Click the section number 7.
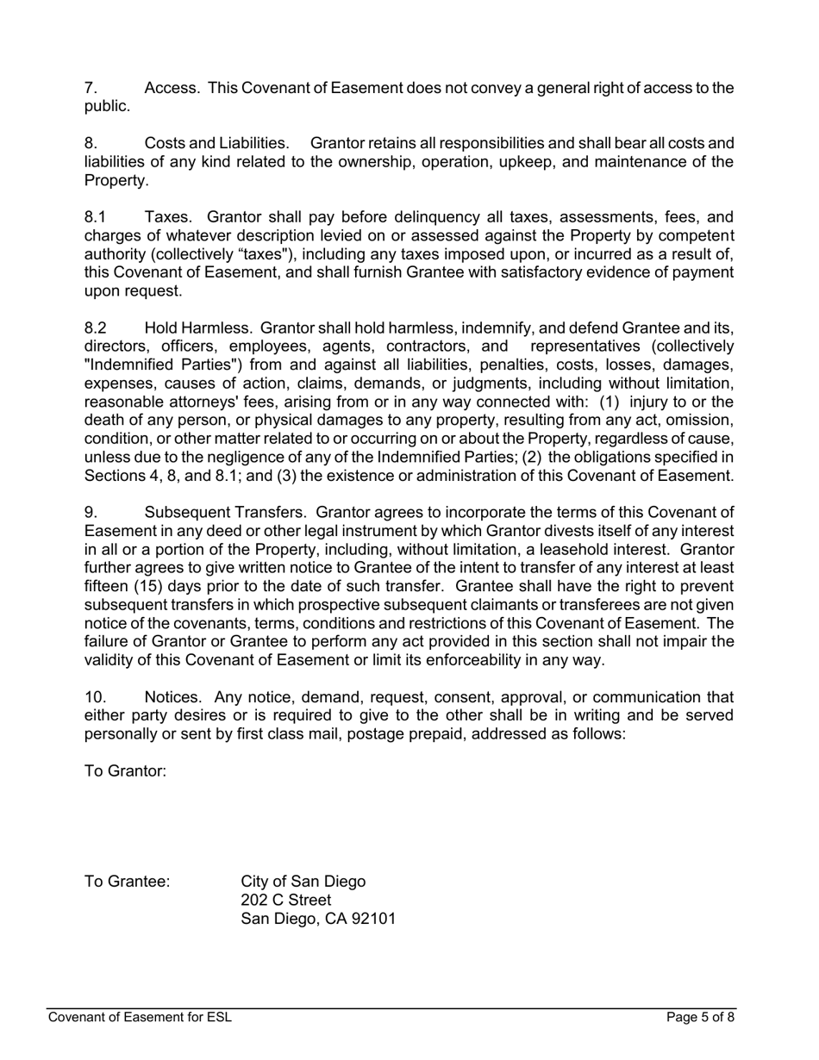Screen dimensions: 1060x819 [x=90, y=88]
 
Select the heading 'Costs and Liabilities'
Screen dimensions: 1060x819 [x=216, y=143]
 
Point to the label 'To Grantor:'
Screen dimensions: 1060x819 [x=125, y=771]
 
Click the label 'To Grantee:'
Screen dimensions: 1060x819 [x=127, y=882]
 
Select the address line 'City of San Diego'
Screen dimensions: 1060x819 [x=303, y=882]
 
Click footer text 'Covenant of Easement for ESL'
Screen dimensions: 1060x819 [x=140, y=1017]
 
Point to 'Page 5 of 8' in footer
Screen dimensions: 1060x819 [x=700, y=1017]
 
